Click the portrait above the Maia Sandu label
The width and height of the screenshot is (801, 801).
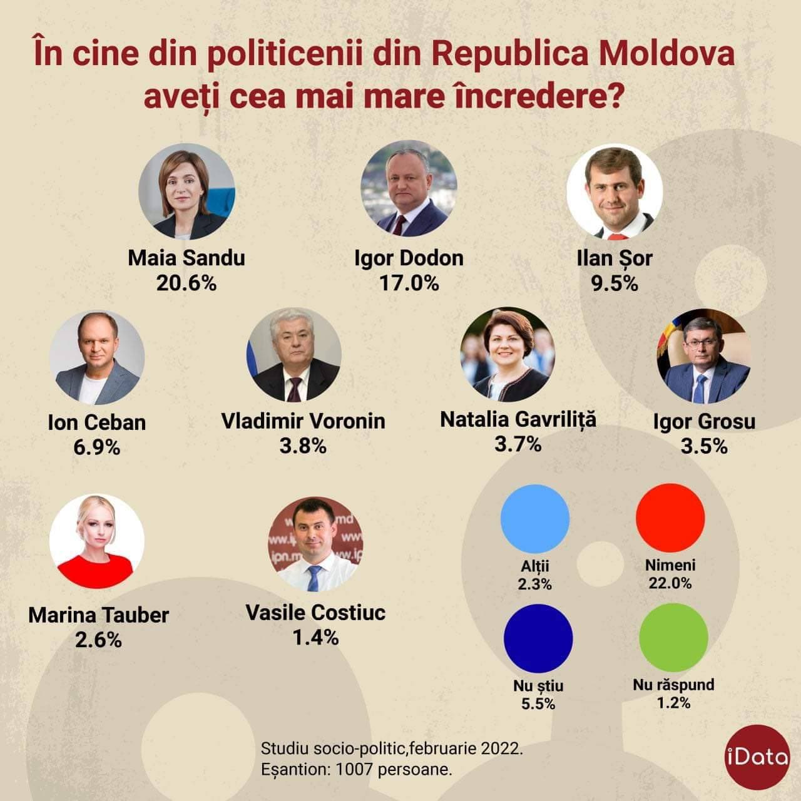click(186, 191)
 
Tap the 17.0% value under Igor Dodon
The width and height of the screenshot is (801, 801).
click(409, 283)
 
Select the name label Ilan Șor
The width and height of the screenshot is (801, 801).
click(614, 258)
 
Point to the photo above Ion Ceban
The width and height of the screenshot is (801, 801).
click(97, 358)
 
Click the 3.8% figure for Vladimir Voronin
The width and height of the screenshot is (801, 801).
click(303, 446)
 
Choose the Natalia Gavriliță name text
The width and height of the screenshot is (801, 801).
click(518, 419)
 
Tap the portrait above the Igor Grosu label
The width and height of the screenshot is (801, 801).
click(704, 355)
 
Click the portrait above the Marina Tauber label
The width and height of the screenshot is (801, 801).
click(97, 541)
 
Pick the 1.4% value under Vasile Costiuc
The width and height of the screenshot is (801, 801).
click(315, 637)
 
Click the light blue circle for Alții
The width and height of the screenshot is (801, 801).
click(535, 518)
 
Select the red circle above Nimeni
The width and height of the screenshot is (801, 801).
click(670, 518)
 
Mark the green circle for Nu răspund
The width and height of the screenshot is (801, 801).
click(673, 638)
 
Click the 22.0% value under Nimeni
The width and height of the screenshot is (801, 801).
click(670, 583)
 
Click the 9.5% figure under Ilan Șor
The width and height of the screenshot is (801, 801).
click(614, 283)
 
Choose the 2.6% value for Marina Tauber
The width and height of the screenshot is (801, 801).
click(98, 640)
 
